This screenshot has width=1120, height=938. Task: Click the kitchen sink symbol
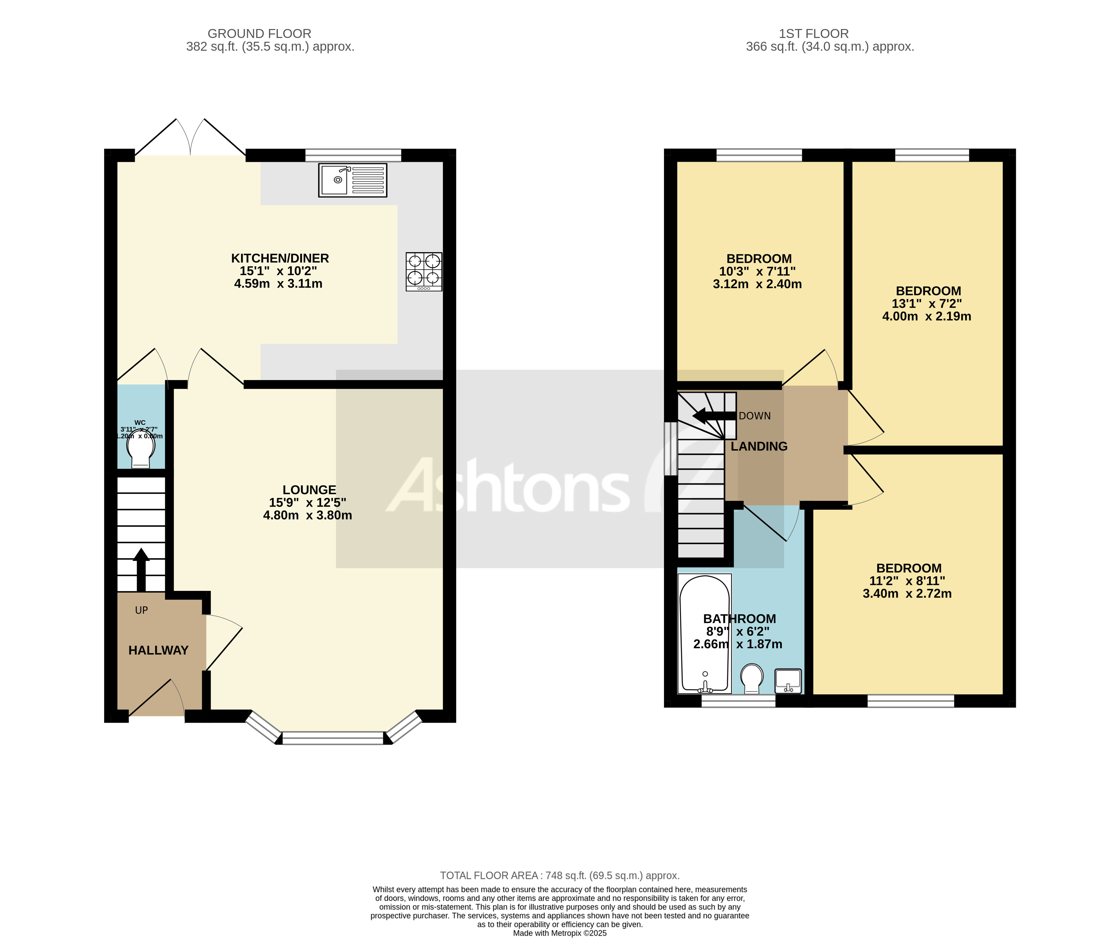[353, 180]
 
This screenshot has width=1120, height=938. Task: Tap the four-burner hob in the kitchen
[424, 271]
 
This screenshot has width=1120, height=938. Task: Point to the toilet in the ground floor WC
[141, 451]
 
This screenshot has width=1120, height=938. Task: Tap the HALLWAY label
[158, 650]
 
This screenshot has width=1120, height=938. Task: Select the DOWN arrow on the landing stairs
[713, 416]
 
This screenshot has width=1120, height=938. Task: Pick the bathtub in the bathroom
[705, 633]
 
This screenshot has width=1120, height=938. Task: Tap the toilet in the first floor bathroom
[752, 678]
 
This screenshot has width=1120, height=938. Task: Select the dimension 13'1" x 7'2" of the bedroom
[927, 304]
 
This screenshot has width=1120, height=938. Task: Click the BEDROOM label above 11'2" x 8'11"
[909, 568]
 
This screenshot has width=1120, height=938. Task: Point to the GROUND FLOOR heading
[259, 33]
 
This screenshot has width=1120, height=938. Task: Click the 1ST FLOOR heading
[813, 33]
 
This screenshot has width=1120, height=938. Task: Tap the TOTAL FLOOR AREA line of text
[560, 876]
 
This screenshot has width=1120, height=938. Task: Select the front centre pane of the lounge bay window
[333, 738]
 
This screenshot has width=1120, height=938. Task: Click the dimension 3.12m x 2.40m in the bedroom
[757, 284]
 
